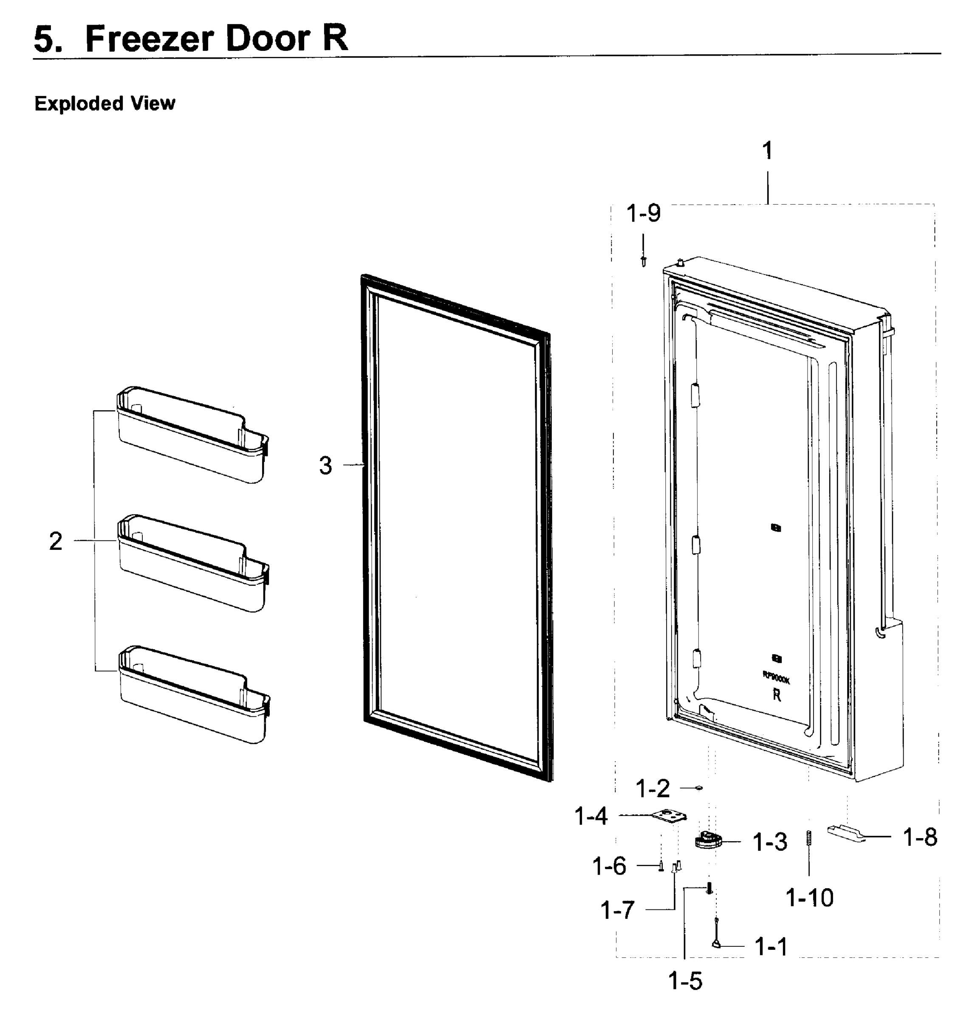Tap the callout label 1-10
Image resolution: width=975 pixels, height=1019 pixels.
[x=809, y=898]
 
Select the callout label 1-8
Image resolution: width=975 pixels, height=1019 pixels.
[x=920, y=837]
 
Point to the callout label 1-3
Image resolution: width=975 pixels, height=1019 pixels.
[x=770, y=842]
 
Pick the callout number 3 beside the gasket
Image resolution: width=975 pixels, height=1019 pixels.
[x=325, y=465]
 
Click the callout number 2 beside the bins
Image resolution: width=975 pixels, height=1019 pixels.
[x=56, y=541]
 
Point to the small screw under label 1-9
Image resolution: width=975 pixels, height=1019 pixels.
[x=644, y=260]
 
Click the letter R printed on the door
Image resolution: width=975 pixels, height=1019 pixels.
[x=777, y=695]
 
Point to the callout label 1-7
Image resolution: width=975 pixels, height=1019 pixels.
[x=617, y=910]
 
